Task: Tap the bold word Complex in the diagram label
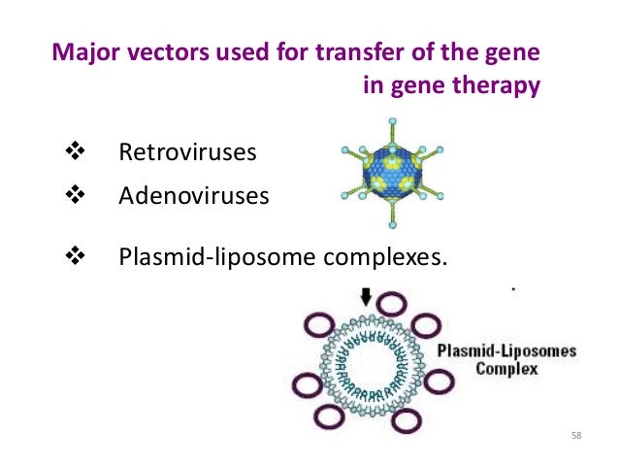coord(506,370)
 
